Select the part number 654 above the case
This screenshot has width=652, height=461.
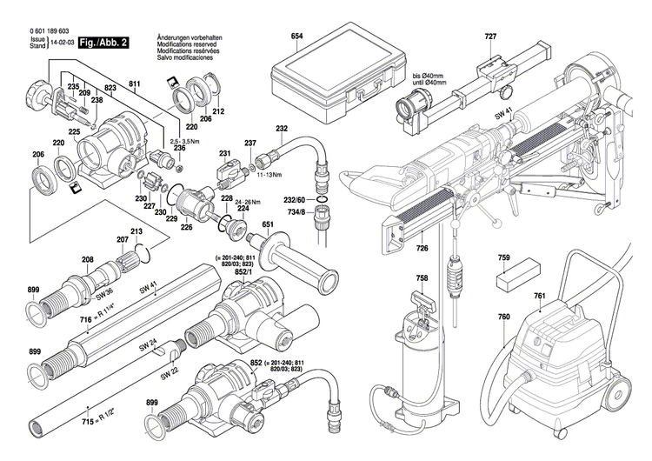(x=296, y=36)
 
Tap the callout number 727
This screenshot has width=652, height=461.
(x=491, y=36)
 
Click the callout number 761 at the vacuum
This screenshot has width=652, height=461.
(x=540, y=297)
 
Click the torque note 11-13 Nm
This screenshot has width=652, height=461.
(x=269, y=174)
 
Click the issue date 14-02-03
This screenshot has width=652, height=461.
(x=61, y=42)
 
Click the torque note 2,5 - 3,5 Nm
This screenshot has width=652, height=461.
(x=186, y=140)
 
